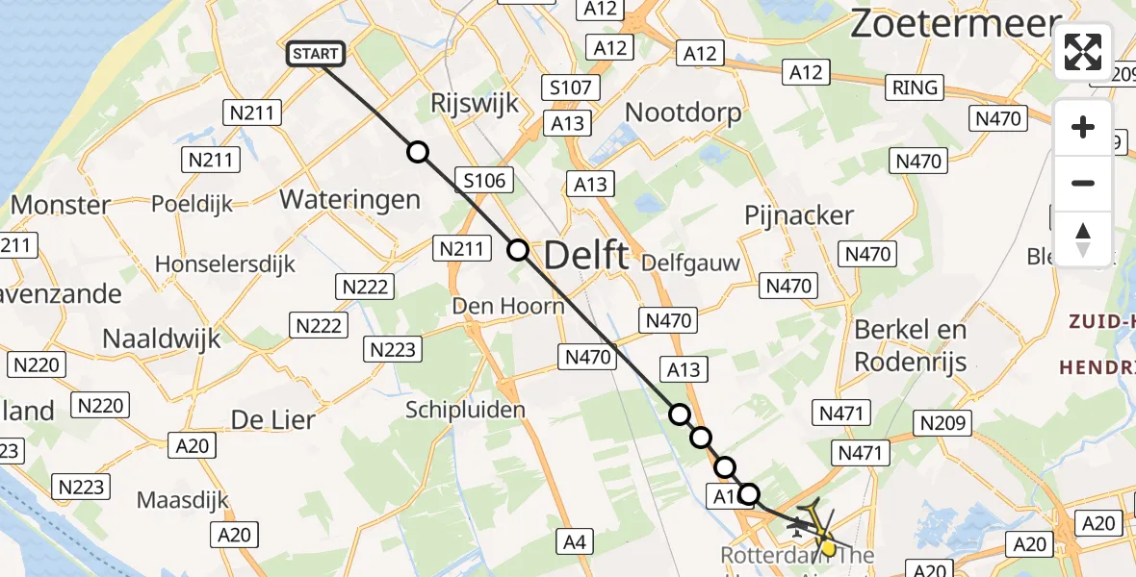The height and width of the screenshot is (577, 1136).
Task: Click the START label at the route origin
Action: (315, 55)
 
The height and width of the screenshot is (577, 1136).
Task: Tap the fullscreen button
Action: (1083, 52)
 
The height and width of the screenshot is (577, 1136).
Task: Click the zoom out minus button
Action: (1083, 183)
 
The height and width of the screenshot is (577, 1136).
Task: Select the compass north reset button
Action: (1083, 238)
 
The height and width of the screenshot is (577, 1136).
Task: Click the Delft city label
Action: (586, 256)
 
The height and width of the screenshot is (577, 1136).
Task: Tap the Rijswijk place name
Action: (476, 104)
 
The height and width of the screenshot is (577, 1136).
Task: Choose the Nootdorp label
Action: (684, 113)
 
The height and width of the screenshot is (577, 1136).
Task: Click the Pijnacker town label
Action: (799, 214)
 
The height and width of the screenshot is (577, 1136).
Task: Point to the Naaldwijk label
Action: (162, 339)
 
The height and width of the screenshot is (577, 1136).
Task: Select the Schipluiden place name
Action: (465, 410)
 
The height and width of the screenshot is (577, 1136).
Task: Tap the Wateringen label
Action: (349, 199)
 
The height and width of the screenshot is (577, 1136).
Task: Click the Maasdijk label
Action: (183, 500)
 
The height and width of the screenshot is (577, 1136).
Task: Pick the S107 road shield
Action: (570, 88)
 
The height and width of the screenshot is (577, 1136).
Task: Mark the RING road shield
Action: (915, 88)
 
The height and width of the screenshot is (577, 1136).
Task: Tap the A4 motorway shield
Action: (575, 542)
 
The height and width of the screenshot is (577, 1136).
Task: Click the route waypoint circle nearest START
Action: (417, 152)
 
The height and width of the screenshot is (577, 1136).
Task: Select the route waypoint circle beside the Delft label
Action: (518, 251)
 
